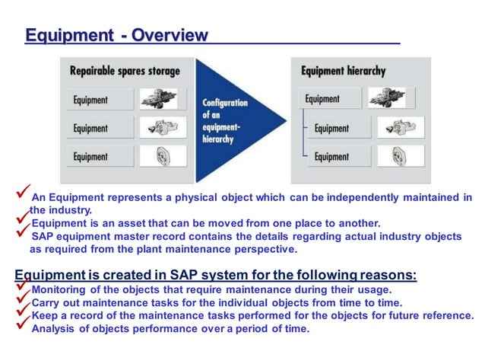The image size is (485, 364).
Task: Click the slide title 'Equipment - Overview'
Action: [x=116, y=35]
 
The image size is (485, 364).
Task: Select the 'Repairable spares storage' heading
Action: [x=125, y=71]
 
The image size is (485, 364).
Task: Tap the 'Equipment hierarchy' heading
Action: [x=343, y=71]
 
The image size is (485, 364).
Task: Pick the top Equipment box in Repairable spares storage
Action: [x=100, y=100]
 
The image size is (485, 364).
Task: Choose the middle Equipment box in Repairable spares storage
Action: [x=100, y=128]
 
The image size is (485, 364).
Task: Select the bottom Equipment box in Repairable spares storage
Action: [x=100, y=156]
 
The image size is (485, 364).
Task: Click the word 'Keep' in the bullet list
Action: [x=44, y=315]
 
